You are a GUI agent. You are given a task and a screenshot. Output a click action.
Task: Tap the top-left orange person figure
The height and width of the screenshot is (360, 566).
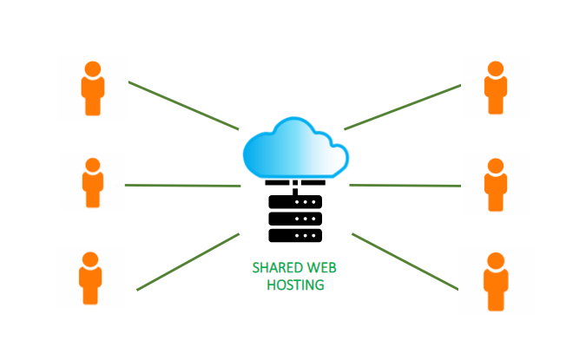click(x=92, y=88)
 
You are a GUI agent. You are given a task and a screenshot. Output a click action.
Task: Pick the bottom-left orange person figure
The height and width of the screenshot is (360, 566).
click(x=90, y=278)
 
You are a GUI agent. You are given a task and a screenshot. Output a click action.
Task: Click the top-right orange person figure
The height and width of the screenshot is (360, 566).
click(x=496, y=88)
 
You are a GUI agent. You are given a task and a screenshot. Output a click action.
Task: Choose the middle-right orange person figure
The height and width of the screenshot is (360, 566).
click(x=496, y=184)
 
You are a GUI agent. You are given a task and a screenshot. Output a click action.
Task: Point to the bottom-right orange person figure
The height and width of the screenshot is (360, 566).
click(x=496, y=281)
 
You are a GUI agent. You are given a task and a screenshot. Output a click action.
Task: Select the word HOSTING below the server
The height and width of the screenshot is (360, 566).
click(x=295, y=285)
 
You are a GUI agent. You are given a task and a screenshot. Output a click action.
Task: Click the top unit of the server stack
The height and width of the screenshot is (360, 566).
click(x=295, y=201)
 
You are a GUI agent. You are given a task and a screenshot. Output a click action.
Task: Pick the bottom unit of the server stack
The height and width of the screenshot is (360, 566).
click(x=295, y=235)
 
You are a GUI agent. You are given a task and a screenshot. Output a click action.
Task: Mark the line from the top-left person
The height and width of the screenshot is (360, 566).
click(x=183, y=106)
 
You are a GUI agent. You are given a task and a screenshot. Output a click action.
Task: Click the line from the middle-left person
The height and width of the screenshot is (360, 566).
click(x=182, y=185)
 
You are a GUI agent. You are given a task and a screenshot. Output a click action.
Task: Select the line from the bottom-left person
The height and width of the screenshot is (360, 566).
click(x=188, y=261)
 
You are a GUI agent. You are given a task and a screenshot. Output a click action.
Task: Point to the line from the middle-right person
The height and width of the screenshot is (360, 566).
click(x=405, y=185)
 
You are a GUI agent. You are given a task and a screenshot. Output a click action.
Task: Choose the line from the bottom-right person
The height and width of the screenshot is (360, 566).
click(x=404, y=261)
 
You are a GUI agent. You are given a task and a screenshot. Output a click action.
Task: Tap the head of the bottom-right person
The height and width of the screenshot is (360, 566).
click(x=496, y=259)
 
